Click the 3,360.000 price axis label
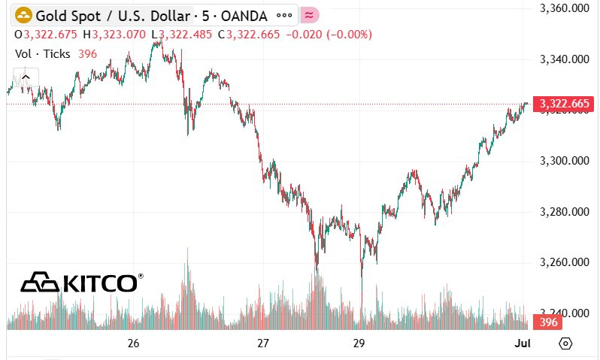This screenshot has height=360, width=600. [x=564, y=8]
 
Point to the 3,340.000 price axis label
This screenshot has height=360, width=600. [x=564, y=59]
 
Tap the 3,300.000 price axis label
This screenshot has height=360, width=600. [x=564, y=161]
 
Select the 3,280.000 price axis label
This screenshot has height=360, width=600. [x=564, y=212]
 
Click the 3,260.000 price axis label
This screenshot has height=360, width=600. [x=564, y=262]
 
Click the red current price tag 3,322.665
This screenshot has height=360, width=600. [x=561, y=104]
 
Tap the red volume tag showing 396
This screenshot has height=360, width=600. [x=546, y=322]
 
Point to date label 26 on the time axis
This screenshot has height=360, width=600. [x=134, y=343]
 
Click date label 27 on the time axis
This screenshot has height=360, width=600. [x=263, y=343]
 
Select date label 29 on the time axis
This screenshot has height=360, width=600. [x=359, y=343]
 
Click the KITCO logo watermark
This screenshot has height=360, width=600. [x=81, y=283]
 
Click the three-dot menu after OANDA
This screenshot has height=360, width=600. [x=285, y=15]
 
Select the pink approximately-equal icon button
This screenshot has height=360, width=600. [x=309, y=15]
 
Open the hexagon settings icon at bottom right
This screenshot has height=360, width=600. [x=566, y=343]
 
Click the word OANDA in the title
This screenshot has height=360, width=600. [x=244, y=15]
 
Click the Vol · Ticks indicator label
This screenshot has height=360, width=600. [x=43, y=54]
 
